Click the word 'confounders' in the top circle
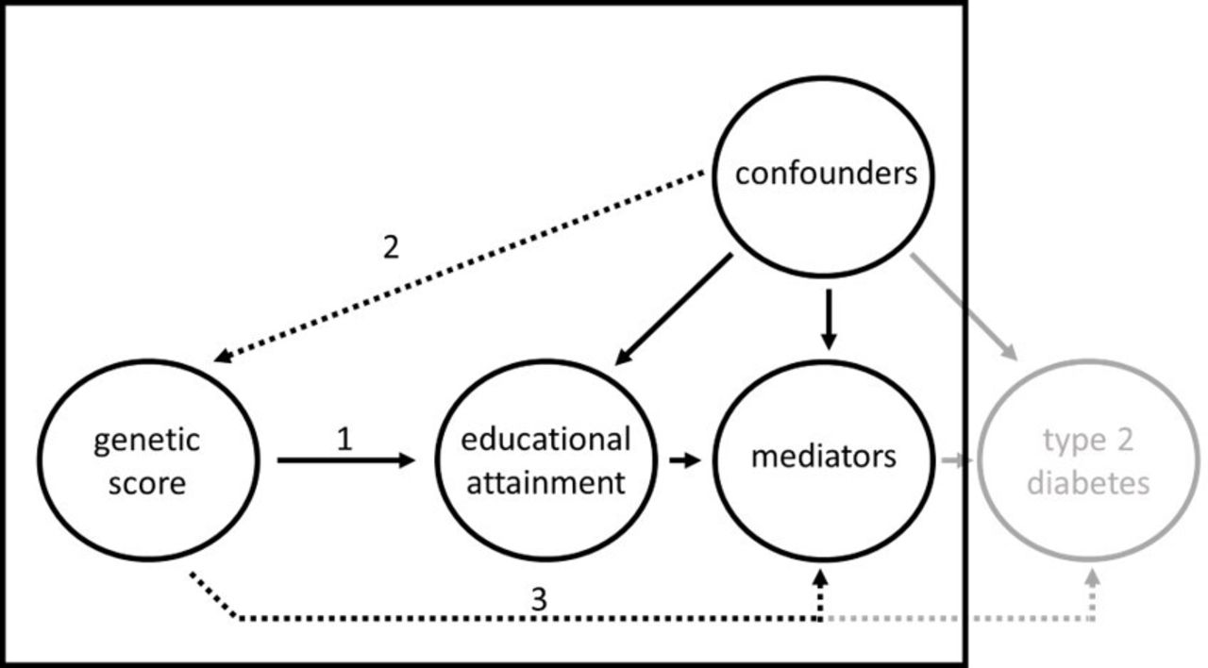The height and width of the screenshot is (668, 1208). click(x=826, y=174)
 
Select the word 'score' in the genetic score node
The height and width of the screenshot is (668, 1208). click(x=147, y=484)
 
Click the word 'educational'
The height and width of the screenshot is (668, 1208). click(x=545, y=439)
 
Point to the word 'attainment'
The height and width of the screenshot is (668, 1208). click(x=545, y=482)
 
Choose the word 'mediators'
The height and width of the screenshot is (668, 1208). click(x=824, y=456)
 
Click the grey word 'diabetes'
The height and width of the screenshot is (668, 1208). click(x=1088, y=482)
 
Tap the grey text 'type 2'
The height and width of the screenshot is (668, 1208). click(x=1088, y=442)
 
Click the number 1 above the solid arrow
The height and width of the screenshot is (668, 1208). click(x=344, y=439)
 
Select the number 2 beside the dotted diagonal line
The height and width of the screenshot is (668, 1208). click(x=391, y=247)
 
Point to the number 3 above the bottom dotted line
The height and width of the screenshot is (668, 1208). click(x=539, y=599)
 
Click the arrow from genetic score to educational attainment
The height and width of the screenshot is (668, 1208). click(x=345, y=460)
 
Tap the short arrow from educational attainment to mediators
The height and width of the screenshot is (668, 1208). click(x=685, y=460)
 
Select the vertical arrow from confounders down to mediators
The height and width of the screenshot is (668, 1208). click(x=829, y=320)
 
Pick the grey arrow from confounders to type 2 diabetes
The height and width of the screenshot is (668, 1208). click(x=964, y=307)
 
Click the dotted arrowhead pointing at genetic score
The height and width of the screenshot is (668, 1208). click(x=224, y=357)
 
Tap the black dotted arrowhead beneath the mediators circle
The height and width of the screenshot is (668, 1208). click(x=820, y=579)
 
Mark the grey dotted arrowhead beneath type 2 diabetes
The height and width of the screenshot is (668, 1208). click(x=1092, y=579)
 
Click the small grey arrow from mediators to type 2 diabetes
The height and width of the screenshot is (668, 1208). click(x=957, y=460)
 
